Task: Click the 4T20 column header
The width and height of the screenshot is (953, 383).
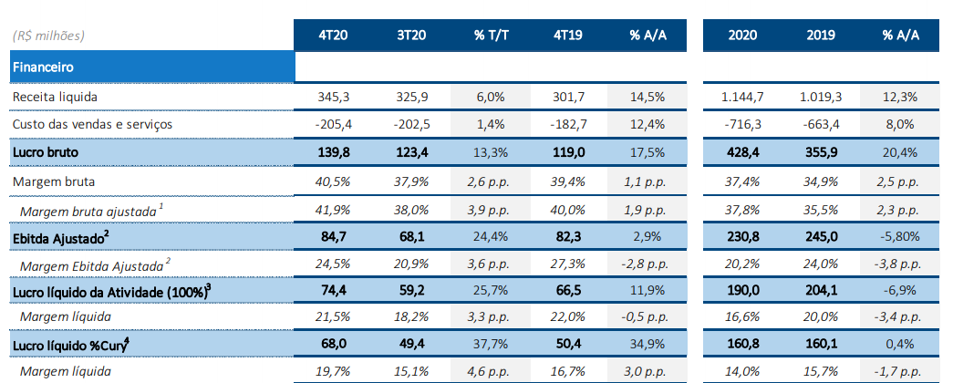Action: [x=333, y=36]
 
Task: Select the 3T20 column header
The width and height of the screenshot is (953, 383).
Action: [x=411, y=36]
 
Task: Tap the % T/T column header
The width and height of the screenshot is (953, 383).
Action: [x=490, y=36]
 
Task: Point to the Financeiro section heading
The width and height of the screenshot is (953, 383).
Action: [x=43, y=67]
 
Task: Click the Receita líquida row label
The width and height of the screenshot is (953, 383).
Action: [x=55, y=96]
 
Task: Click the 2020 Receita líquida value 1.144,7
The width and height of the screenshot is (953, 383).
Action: [x=742, y=96]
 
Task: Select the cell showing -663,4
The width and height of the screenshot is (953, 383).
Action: [x=822, y=124]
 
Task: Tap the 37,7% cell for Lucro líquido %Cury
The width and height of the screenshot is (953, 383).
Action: [x=490, y=345]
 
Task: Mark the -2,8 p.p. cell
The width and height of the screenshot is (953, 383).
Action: [x=647, y=264]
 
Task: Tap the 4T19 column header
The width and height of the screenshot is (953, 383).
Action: [x=568, y=36]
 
